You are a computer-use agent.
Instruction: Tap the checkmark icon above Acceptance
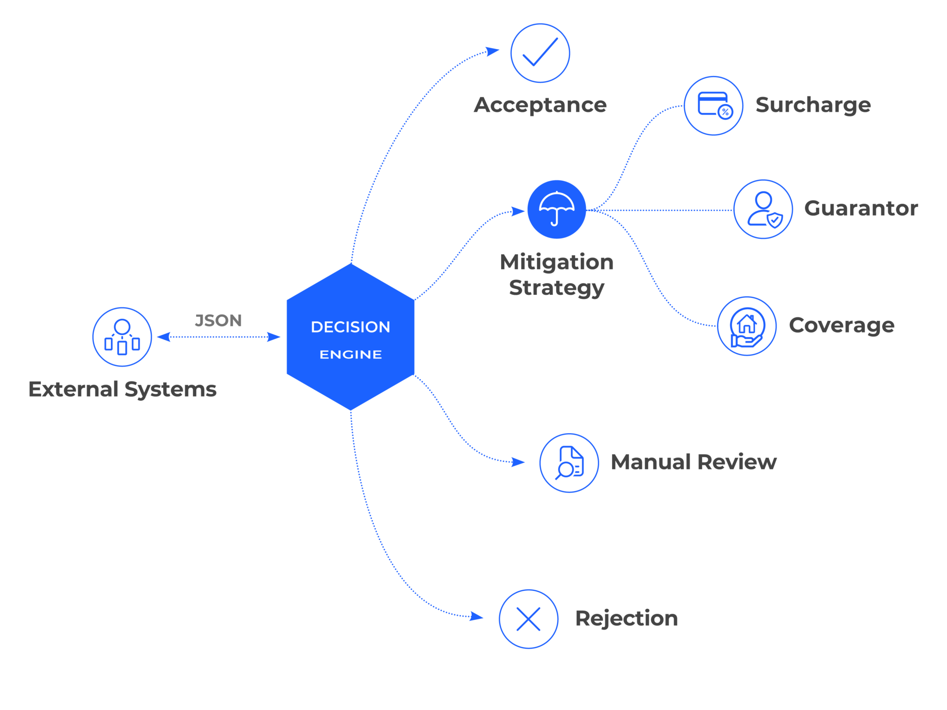tap(540, 53)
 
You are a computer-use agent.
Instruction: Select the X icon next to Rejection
tap(529, 619)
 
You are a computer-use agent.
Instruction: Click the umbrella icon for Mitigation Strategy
tap(557, 209)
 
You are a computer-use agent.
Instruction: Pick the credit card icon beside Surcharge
tap(713, 106)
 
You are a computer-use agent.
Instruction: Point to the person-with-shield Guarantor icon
tap(763, 209)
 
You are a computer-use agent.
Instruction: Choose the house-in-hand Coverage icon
tap(747, 326)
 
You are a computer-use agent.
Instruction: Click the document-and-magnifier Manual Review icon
tap(569, 463)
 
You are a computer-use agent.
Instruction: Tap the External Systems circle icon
tap(122, 337)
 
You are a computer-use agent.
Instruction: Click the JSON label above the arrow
tap(218, 320)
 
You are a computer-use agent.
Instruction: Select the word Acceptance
tap(540, 105)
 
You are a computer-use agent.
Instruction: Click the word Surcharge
tap(813, 105)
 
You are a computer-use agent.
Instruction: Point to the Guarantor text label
tap(861, 208)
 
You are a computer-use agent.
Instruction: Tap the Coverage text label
tap(842, 325)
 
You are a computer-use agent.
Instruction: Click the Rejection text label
tap(627, 618)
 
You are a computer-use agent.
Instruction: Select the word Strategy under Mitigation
tap(557, 288)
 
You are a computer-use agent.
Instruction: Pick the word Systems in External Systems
tap(171, 390)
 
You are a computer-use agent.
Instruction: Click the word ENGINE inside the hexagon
tap(351, 355)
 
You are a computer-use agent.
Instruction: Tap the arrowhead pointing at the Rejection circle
tap(476, 616)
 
